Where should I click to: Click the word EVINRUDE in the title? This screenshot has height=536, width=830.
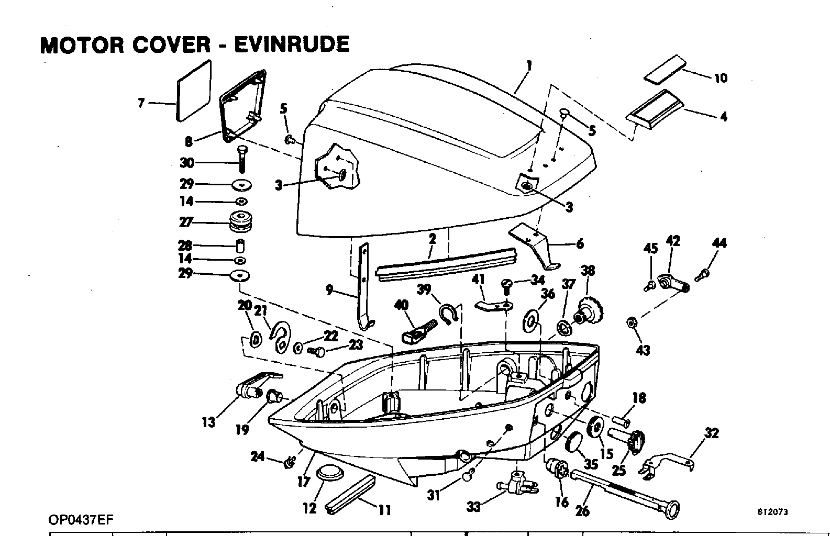click(x=292, y=44)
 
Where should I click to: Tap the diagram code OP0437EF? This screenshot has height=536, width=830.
click(x=81, y=520)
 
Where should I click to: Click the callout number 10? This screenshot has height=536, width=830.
click(x=721, y=78)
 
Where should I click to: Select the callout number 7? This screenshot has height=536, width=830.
click(x=141, y=103)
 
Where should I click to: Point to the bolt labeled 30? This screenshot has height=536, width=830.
click(x=242, y=159)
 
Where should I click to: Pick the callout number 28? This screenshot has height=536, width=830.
click(x=185, y=245)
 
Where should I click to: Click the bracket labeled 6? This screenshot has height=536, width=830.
click(x=535, y=245)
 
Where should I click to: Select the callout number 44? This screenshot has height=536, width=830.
click(x=719, y=243)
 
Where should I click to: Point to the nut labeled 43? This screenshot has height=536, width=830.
click(x=631, y=322)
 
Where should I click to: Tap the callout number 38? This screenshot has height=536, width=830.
click(x=588, y=271)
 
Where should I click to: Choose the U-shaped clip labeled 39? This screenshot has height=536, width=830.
click(x=449, y=314)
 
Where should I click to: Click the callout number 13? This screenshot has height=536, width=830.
click(x=208, y=422)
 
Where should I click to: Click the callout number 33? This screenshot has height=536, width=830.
click(x=473, y=506)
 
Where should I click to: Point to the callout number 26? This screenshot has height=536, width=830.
click(x=582, y=511)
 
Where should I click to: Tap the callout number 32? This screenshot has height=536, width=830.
click(x=712, y=433)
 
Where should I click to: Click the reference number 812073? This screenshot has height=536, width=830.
click(x=772, y=512)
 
